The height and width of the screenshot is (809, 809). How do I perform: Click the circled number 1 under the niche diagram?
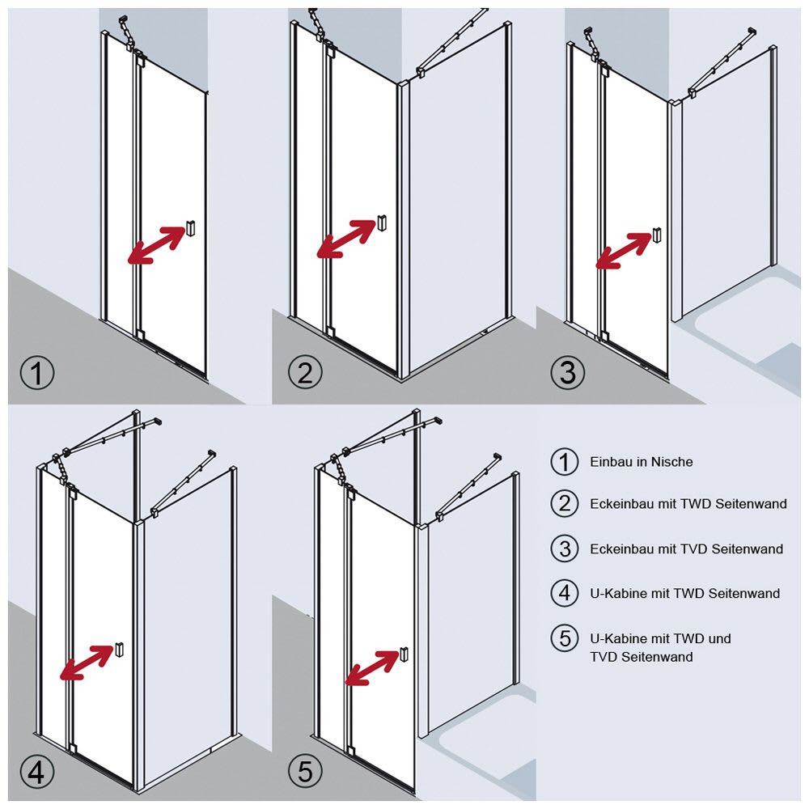[37, 374]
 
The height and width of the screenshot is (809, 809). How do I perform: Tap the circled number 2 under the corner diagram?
[305, 373]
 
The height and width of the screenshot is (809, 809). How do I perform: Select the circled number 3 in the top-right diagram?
[568, 373]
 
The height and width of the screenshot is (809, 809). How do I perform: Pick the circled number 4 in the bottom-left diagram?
[37, 772]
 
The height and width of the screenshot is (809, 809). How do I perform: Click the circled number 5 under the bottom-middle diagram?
[305, 772]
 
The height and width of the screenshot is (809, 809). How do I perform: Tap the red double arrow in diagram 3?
[623, 250]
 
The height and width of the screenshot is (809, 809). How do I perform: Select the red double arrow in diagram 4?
[87, 662]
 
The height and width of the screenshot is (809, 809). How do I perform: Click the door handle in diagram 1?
[191, 228]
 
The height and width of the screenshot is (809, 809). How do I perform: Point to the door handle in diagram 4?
[120, 649]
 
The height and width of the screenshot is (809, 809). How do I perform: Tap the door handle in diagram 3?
[657, 235]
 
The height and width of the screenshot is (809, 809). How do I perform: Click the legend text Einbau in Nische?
[641, 462]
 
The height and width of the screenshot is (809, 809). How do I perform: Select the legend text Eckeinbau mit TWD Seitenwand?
[688, 504]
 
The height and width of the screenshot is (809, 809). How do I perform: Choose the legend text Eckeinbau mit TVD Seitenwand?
[686, 549]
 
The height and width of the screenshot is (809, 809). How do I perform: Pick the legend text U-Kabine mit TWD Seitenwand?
[684, 593]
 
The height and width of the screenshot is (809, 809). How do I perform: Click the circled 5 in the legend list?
[565, 637]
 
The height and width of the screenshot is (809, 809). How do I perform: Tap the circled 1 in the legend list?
[565, 462]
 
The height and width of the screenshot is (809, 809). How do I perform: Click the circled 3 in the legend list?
[565, 549]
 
